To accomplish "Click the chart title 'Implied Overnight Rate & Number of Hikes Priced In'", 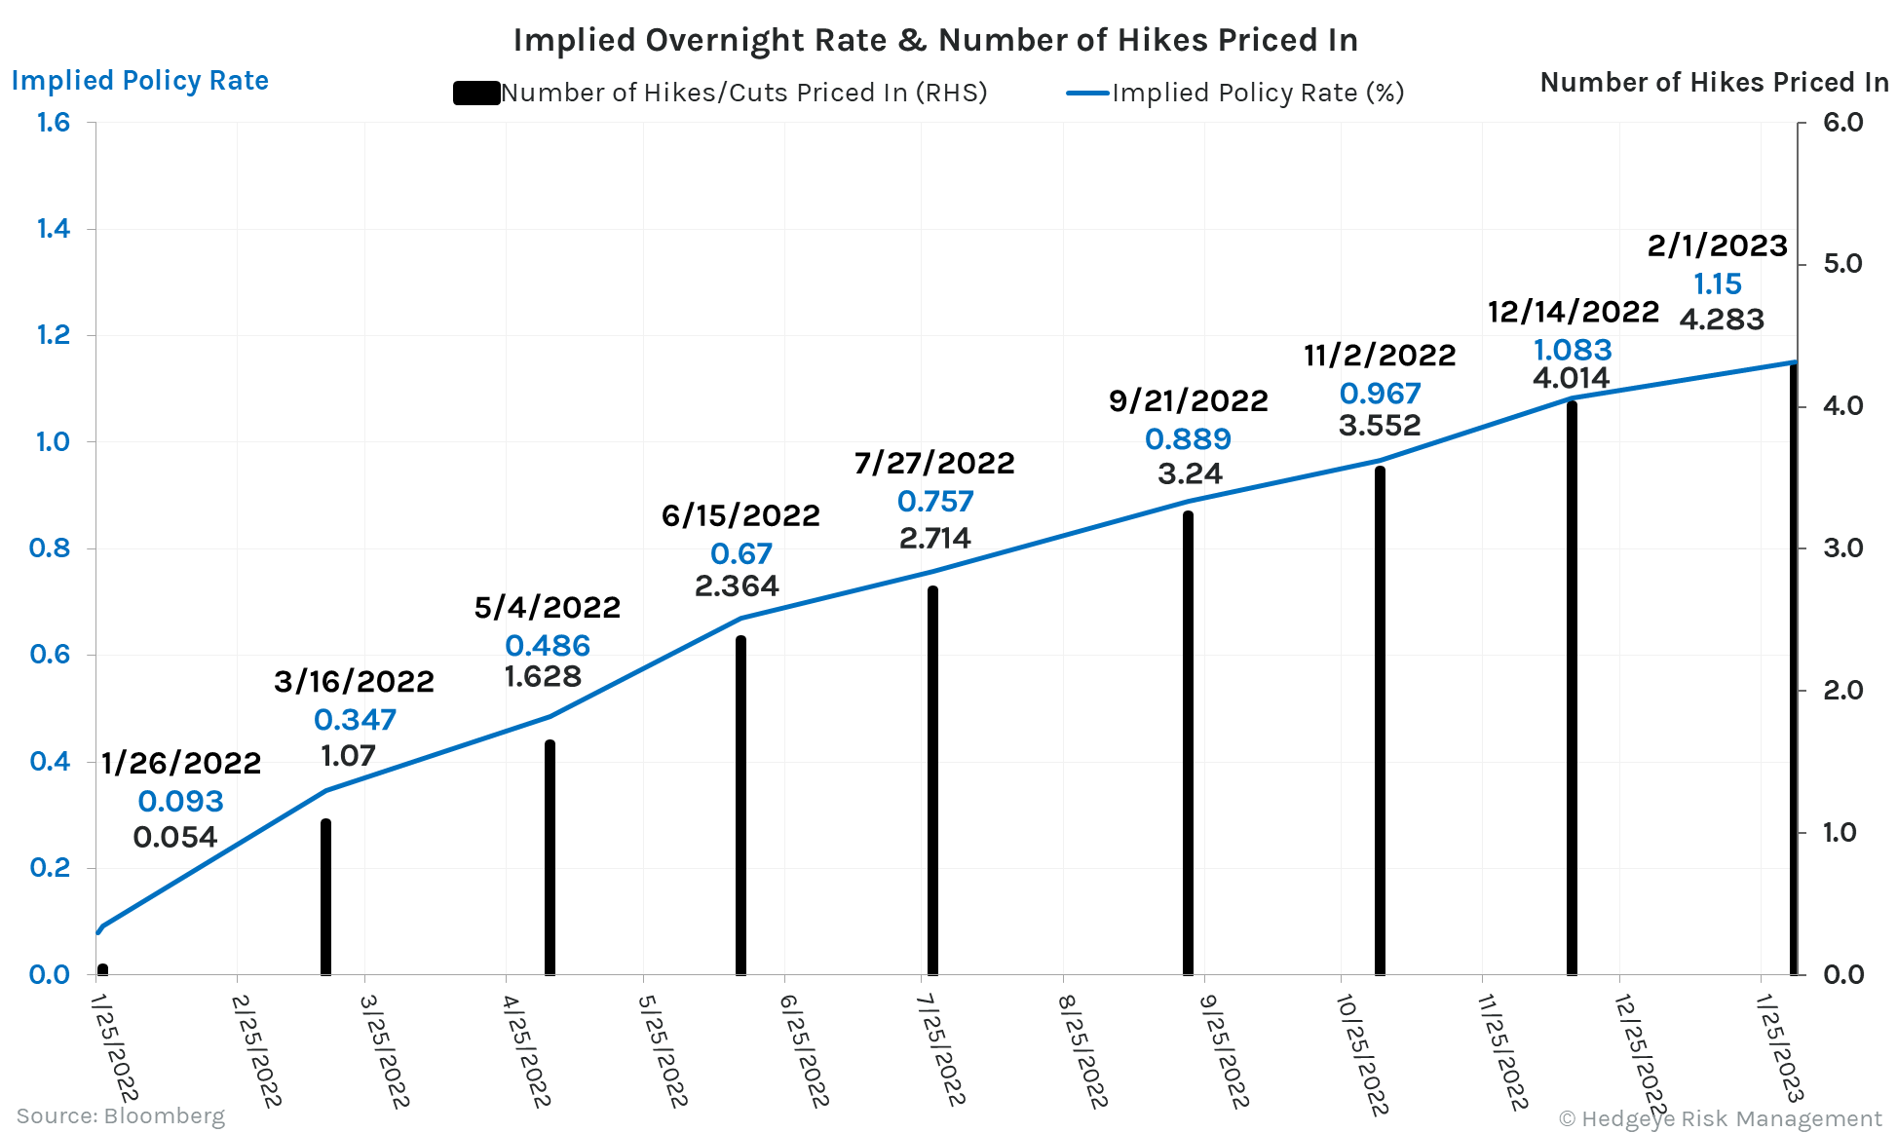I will coord(935,40).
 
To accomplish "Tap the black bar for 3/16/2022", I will coord(325,896).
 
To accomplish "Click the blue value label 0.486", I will coord(548,645).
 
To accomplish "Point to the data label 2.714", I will coord(934,538).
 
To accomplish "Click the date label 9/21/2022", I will coord(1188,400).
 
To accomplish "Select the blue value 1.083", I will coord(1573,349).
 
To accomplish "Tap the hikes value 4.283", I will coord(1722,320).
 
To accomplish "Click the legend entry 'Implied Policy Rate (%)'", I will coord(1257,93).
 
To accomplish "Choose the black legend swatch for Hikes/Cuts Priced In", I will coord(476,94).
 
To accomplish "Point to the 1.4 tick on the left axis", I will coord(54,229).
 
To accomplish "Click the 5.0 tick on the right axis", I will coord(1842,264).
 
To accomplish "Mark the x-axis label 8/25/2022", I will coord(1082,1051).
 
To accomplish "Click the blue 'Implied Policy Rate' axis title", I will coord(139,80).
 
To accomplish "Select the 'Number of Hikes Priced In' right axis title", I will coord(1714,83).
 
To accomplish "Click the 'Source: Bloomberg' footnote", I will coord(120,1115).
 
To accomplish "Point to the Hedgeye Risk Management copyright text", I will coord(1720,1118).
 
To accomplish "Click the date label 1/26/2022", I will coord(181,763).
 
